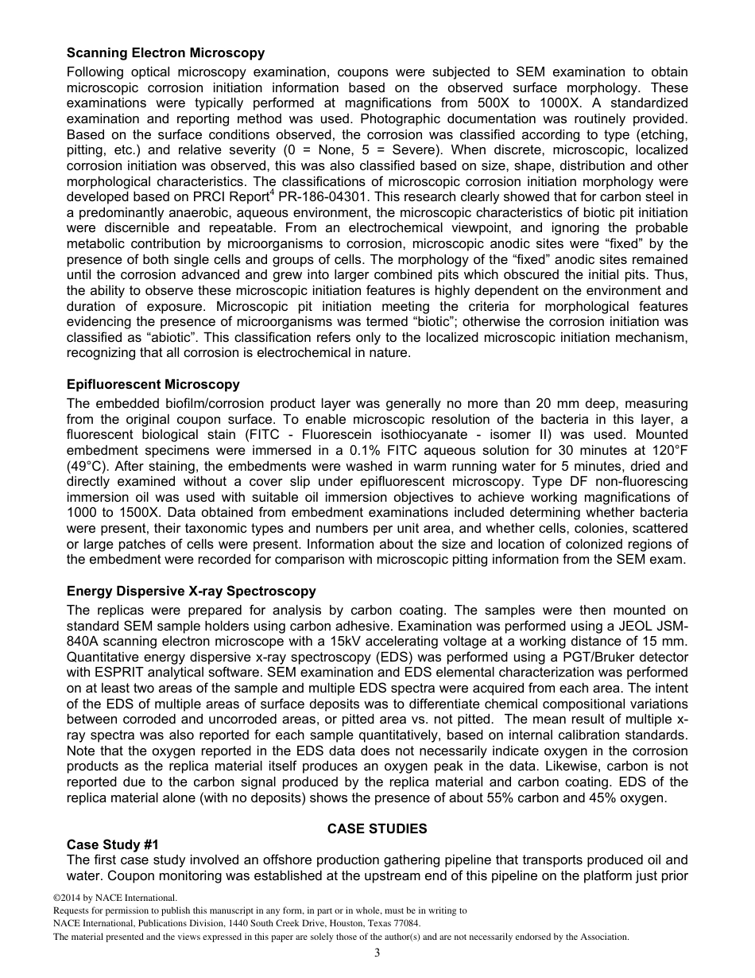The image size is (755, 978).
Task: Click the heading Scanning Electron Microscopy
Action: click(x=165, y=53)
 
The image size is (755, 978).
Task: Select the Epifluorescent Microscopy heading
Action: click(x=153, y=385)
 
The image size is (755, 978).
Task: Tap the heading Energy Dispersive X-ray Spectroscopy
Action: click(x=191, y=592)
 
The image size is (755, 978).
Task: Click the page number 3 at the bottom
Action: click(x=377, y=953)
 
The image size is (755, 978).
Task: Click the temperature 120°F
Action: click(x=666, y=451)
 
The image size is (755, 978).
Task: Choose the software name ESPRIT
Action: click(x=110, y=673)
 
